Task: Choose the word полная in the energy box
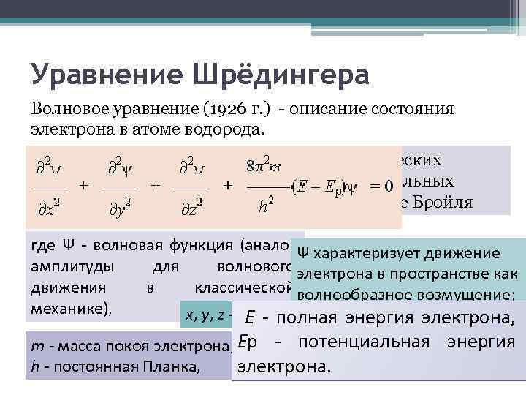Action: [x=308, y=318]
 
